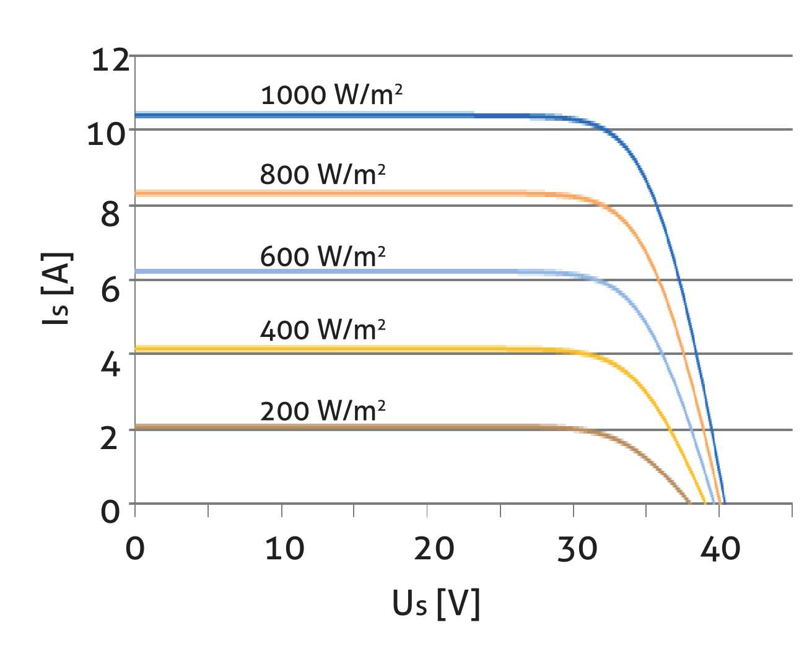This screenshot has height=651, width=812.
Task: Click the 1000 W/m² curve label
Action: pos(331,95)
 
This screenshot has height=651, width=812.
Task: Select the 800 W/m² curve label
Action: pos(323,174)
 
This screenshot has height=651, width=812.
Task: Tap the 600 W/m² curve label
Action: pos(323,256)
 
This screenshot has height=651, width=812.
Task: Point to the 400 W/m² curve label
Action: pos(323,330)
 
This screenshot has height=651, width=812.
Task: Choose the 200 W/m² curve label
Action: pos(323,411)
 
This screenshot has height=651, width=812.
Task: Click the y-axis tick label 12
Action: pos(110,60)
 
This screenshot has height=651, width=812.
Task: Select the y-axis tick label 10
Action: pos(107,134)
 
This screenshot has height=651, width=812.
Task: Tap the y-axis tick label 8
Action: pos(110,214)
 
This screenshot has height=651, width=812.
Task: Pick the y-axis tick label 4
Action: pos(110,364)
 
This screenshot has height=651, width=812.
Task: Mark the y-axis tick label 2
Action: pos(110,438)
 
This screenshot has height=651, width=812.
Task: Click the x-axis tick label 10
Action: pos(284,548)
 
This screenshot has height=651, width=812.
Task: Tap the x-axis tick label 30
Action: pos(577,548)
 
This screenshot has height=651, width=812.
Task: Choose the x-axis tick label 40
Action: pos(720,548)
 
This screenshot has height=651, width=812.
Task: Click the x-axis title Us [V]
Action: pos(436,603)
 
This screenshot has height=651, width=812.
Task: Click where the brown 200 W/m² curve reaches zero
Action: pos(689,502)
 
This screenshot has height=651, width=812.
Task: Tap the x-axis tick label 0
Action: pos(134,548)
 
